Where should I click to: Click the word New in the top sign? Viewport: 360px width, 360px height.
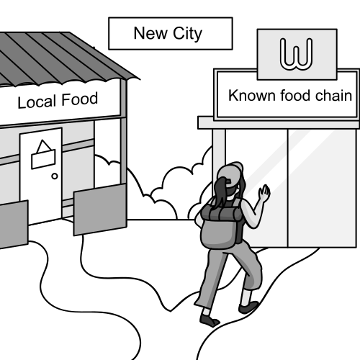pos(150,33)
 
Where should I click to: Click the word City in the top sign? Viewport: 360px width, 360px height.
pos(187,34)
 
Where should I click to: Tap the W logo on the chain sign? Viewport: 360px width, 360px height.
pos(297,54)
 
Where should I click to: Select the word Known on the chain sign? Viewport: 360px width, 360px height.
pos(252,95)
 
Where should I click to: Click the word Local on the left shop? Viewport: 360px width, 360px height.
pos(37,102)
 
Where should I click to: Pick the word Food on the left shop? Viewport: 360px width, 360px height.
pos(80,99)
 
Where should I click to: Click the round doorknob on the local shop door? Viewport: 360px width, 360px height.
pos(55,176)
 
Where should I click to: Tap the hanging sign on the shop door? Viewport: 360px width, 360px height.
pos(43,156)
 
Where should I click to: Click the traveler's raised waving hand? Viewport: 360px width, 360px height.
pos(264,193)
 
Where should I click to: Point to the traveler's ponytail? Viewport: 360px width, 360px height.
pos(220,192)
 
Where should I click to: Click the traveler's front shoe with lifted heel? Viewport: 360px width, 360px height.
pos(248,307)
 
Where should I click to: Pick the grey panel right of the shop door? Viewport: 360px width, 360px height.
pos(100,210)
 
